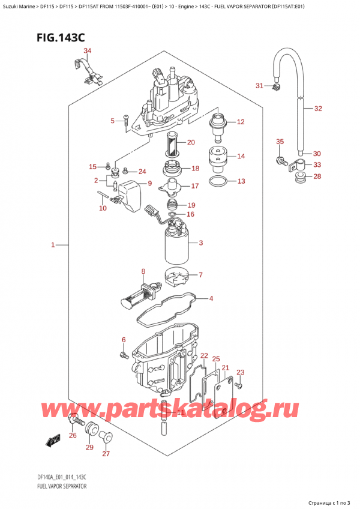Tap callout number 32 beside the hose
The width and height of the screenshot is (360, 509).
coord(318,109)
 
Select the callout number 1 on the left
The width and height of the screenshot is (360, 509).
coord(53,245)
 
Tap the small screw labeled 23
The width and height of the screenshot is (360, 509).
coord(238,384)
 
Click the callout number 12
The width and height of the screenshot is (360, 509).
coord(241,122)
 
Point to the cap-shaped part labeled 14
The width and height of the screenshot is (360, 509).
coord(217,157)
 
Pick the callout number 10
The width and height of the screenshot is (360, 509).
coord(103,208)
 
